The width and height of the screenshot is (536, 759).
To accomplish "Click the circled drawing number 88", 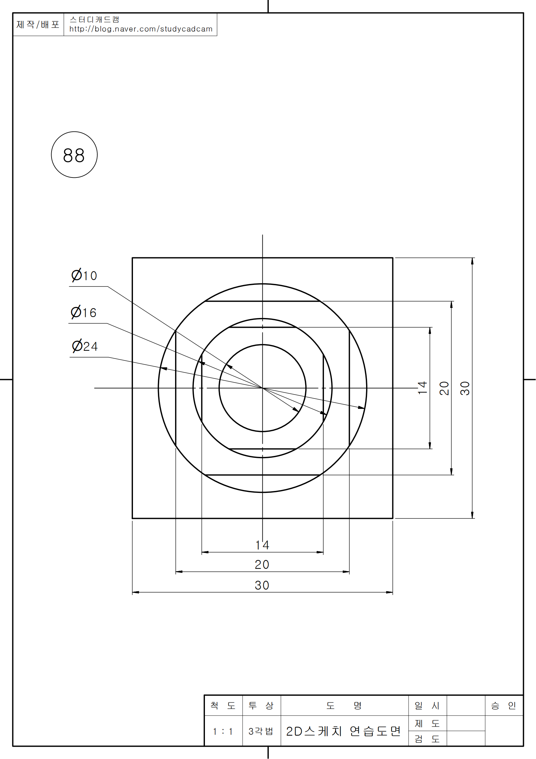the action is click(x=74, y=155).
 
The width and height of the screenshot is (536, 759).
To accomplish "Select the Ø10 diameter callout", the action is click(x=84, y=275).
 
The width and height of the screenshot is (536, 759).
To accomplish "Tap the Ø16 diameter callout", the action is click(x=84, y=312).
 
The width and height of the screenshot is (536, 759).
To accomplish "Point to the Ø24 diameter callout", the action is click(x=85, y=346).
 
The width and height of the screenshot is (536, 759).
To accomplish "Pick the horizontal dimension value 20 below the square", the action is click(x=262, y=565).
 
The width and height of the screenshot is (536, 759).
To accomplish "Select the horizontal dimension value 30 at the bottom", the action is click(x=262, y=585).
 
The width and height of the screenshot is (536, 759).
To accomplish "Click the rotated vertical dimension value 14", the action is click(x=423, y=388).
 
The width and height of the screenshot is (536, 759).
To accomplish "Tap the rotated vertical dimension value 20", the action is click(x=444, y=388).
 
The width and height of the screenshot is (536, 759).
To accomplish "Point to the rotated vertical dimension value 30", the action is click(x=465, y=388).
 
